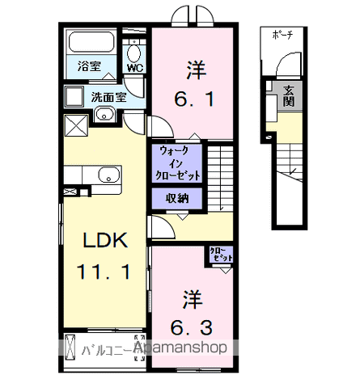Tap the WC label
pos(135,68)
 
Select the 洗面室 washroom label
pos(107,98)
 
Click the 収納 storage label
pos(177,199)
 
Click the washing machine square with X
pos(77,126)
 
